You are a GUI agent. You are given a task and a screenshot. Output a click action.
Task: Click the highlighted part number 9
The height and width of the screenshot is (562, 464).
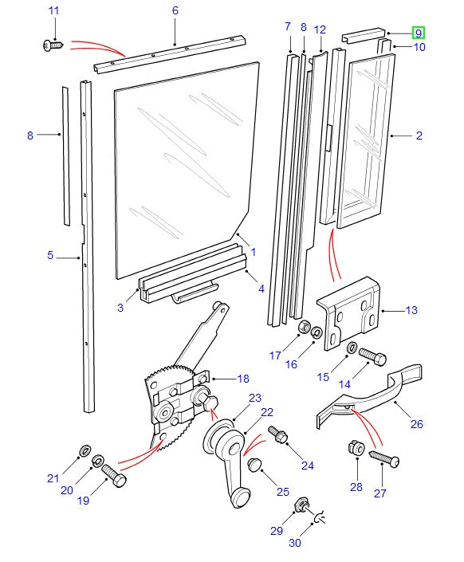click(418, 33)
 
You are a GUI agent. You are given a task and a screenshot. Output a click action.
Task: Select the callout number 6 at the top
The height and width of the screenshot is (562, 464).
click(175, 10)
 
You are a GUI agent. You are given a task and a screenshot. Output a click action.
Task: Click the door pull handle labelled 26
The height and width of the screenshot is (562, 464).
click(375, 398)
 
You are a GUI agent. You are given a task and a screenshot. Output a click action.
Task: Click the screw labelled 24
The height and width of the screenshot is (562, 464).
click(279, 434)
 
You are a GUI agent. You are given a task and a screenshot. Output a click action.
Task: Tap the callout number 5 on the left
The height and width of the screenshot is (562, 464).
click(49, 256)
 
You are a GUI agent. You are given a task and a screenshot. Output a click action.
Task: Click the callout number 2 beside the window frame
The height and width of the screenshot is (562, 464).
click(419, 136)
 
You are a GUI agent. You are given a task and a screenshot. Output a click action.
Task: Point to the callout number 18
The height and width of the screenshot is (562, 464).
click(242, 379)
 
